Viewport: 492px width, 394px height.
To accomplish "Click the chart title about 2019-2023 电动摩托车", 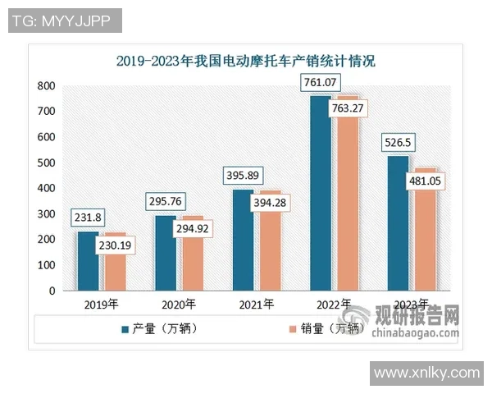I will pos(245,61).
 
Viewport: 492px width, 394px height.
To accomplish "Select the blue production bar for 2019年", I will pos(89,261).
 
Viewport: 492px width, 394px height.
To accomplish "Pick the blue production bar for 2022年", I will pos(321,193).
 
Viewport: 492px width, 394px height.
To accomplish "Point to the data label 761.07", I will pos(321,82).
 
